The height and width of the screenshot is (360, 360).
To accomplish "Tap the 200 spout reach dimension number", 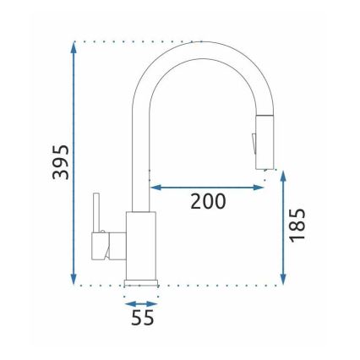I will (x=207, y=201).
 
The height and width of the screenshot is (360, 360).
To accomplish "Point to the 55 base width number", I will (x=142, y=319).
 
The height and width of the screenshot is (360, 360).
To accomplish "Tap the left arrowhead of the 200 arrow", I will (x=155, y=187).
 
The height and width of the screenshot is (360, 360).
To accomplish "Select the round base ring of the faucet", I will (x=141, y=281).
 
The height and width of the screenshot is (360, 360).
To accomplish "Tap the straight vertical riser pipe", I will (x=141, y=152).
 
